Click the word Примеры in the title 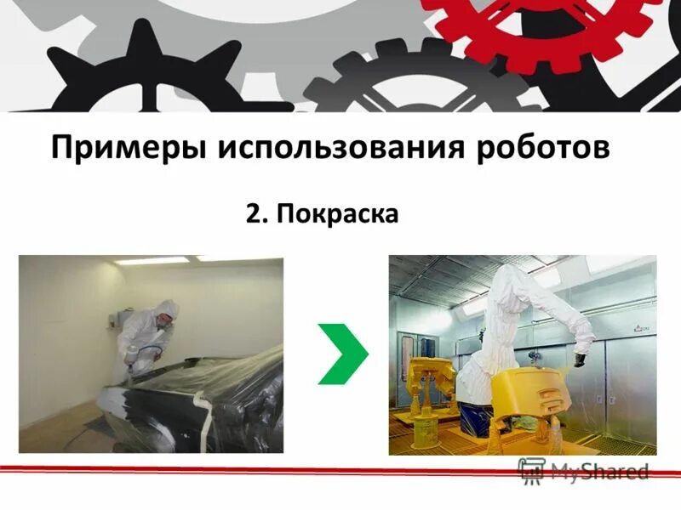(x=129, y=148)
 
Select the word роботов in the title (x=542, y=146)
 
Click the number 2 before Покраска (x=252, y=213)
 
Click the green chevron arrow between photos (x=342, y=352)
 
